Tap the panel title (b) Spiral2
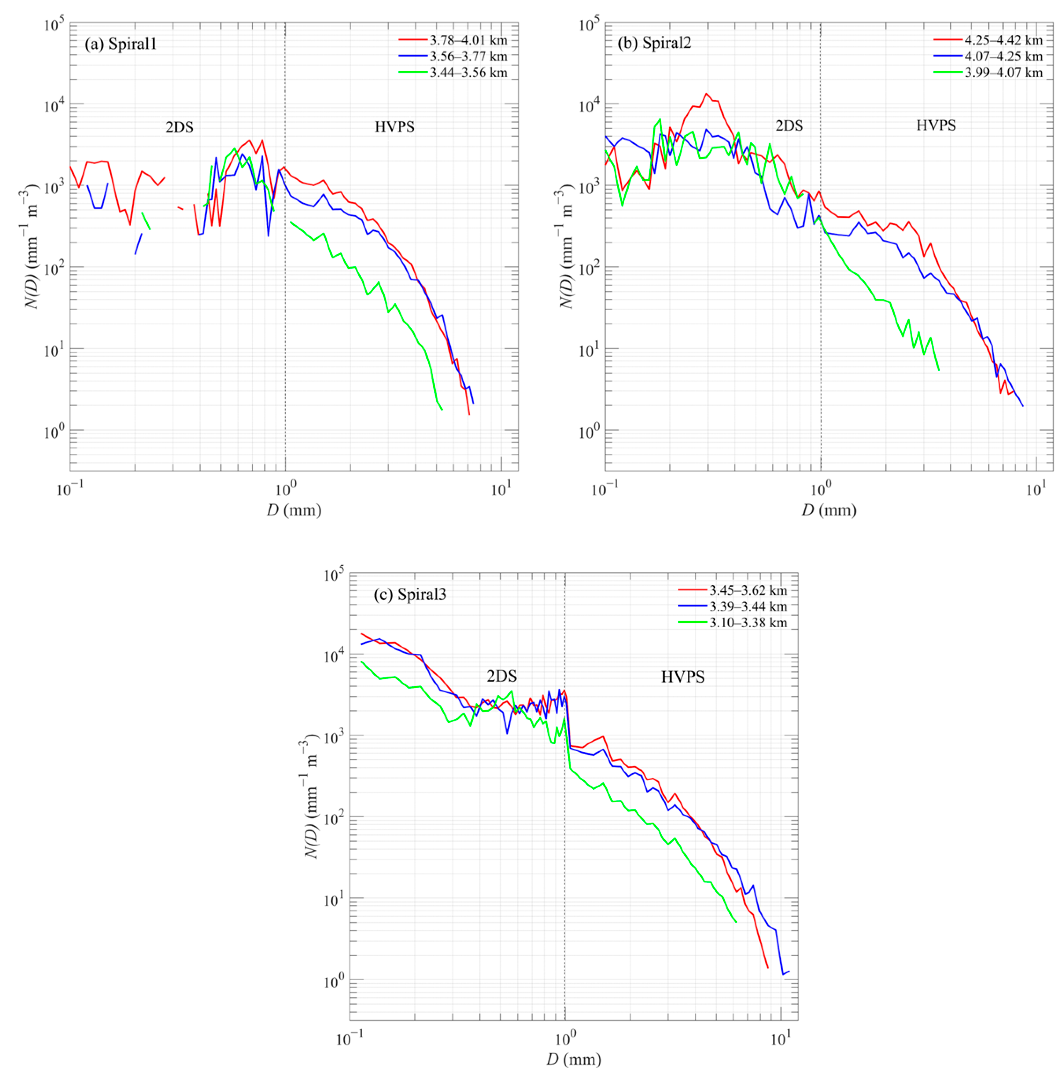pos(654,43)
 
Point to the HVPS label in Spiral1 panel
pos(394,127)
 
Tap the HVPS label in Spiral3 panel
pos(683,677)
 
